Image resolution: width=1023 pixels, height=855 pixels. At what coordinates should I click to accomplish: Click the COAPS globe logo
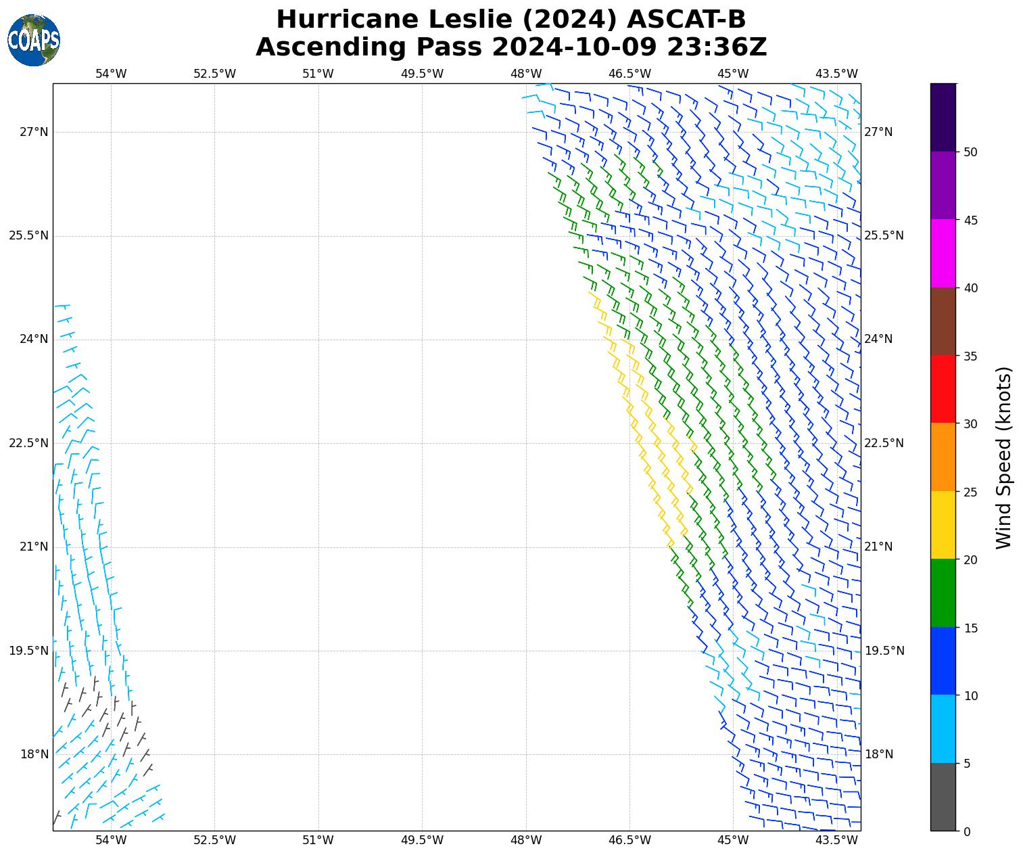coord(34,41)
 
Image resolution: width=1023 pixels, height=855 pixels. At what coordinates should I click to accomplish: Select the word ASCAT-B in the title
coord(686,20)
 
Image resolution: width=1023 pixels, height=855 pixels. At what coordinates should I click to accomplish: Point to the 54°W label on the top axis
coord(111,74)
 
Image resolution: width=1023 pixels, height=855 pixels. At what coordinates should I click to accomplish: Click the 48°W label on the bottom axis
coord(526,840)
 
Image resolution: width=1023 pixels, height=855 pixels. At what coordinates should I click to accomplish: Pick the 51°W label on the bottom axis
coord(318,840)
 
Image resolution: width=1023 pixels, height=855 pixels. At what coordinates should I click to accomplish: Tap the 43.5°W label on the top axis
coord(837,74)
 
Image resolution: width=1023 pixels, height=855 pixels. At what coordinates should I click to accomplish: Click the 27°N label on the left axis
coord(34,132)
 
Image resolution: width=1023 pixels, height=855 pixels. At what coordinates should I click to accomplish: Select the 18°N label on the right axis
coord(879,754)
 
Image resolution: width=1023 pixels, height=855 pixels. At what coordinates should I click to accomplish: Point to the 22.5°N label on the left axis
coord(28,443)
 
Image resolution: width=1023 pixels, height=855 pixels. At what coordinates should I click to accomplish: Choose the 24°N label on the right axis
coord(879,339)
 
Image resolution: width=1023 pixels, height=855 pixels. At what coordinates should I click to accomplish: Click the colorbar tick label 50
coord(970,152)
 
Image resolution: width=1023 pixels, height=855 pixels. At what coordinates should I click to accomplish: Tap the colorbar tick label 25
coord(970,492)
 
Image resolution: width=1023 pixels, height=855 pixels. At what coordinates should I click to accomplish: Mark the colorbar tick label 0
coord(967,831)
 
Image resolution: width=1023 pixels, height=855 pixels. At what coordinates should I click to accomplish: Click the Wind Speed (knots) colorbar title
coord(1004,457)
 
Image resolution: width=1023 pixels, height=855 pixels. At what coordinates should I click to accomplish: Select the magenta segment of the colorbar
coord(943,254)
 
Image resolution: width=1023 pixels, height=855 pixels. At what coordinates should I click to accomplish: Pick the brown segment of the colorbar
coord(943,321)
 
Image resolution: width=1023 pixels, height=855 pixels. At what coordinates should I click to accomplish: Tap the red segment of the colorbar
coord(943,389)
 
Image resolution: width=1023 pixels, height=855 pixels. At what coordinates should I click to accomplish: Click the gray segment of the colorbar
coord(943,797)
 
